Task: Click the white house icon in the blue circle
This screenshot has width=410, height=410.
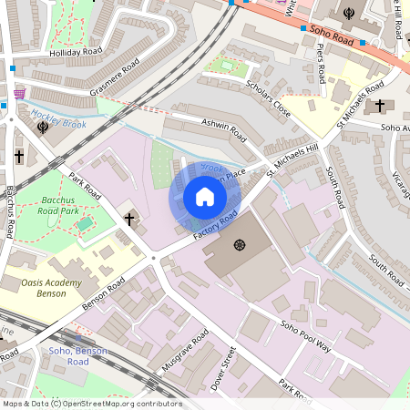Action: tap(205, 197)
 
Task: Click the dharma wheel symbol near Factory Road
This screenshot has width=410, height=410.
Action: tap(240, 244)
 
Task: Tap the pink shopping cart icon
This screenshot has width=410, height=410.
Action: tap(20, 93)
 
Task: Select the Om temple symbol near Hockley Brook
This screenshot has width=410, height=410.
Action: tap(42, 127)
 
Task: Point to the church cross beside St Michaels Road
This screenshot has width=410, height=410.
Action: tap(380, 106)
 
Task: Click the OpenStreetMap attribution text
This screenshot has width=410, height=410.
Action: tap(92, 404)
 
